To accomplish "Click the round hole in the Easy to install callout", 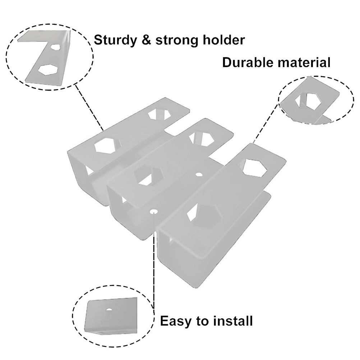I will coord(109,309).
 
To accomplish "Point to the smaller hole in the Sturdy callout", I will coord(55,47).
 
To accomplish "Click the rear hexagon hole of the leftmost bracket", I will coord(159,114).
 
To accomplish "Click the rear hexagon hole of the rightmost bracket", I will coord(254,167).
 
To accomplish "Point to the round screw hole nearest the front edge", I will coord(153,211).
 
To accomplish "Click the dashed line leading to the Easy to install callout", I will coord(154,266).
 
